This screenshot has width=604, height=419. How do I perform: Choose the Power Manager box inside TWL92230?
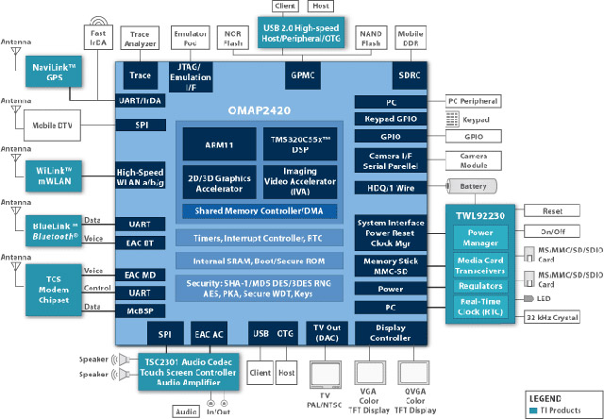481,235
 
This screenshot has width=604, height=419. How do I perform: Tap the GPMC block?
301,75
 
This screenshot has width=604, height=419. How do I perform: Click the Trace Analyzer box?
141,39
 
